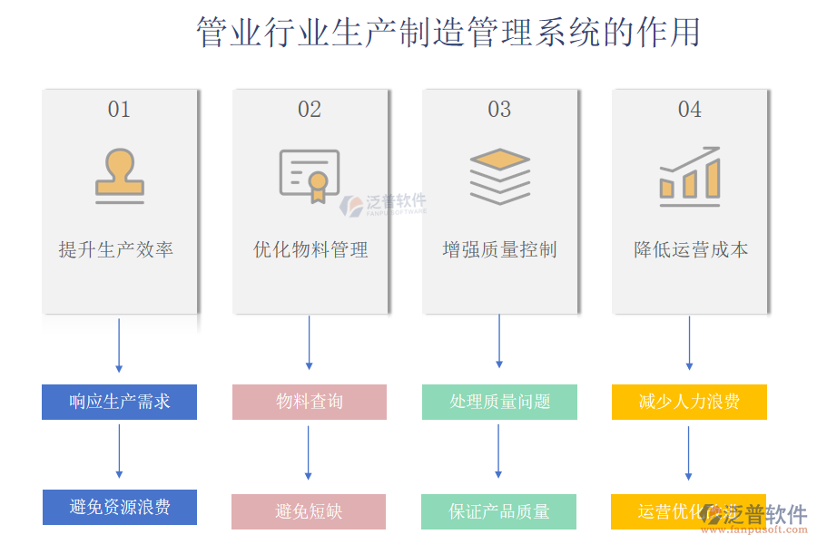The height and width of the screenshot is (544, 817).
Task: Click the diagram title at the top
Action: tap(448, 33)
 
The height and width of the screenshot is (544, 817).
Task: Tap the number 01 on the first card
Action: tap(119, 110)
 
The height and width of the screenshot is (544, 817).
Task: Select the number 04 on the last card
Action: tap(690, 110)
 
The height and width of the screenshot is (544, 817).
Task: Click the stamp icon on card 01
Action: tap(120, 176)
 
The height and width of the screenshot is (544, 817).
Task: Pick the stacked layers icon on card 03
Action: tap(499, 176)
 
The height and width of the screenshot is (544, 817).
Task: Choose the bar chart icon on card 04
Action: tap(690, 176)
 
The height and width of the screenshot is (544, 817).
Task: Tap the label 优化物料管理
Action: tap(310, 249)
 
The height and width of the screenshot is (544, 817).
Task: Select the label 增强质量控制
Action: tap(499, 249)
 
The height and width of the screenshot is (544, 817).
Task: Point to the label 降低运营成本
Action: tap(691, 249)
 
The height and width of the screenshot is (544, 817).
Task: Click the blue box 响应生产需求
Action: tap(119, 402)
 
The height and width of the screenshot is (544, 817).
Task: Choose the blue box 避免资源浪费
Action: tap(120, 507)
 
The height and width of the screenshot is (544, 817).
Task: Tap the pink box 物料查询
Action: tap(310, 402)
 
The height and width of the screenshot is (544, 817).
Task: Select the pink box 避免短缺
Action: tap(309, 511)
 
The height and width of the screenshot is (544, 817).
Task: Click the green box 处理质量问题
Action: tap(499, 402)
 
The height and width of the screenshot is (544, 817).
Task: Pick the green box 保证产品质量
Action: tap(498, 511)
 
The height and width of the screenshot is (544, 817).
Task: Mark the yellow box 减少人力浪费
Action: tap(689, 402)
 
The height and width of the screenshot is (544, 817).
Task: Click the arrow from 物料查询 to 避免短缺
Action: tap(309, 452)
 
